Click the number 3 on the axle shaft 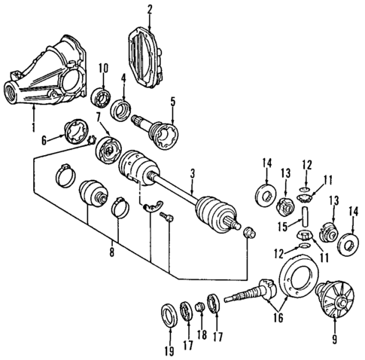192,174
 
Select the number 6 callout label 44,139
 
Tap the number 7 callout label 99,117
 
